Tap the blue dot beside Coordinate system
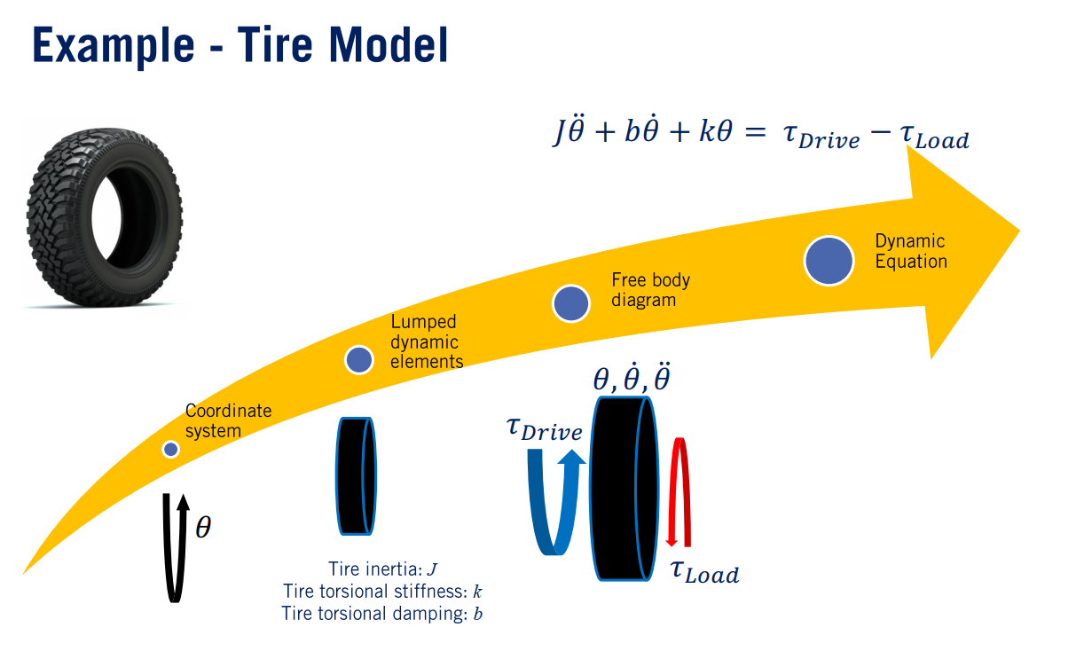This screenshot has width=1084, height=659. click(171, 450)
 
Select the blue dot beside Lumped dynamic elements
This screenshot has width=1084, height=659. click(358, 359)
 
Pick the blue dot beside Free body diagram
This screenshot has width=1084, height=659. click(570, 303)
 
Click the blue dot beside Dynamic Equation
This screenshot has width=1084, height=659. click(829, 260)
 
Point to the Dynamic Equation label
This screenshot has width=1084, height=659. click(910, 251)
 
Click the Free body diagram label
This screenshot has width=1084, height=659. click(650, 290)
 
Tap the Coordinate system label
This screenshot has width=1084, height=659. click(228, 421)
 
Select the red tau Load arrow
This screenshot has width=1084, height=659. click(679, 492)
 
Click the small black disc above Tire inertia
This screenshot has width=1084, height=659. click(356, 475)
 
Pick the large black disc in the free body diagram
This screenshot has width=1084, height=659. click(624, 489)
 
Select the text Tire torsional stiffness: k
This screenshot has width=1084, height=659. click(382, 592)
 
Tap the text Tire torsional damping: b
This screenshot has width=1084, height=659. click(382, 614)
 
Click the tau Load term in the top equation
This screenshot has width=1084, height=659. click(931, 137)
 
